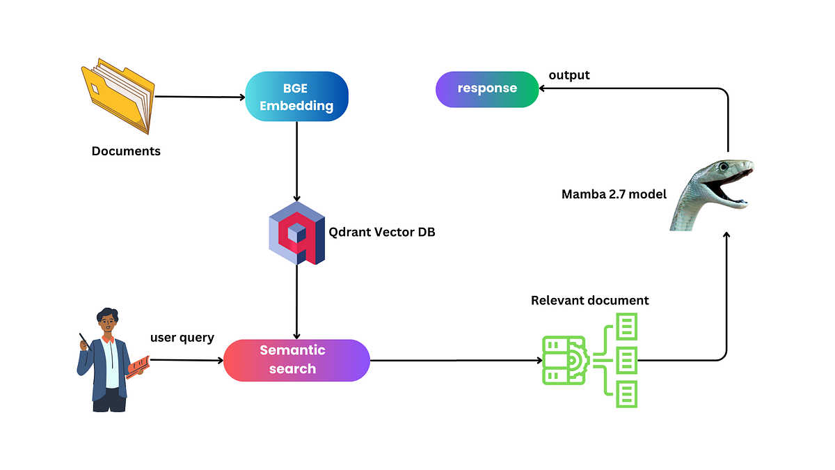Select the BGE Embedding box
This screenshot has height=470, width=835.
(296, 96)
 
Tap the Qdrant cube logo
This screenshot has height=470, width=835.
(297, 233)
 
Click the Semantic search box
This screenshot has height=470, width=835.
(296, 360)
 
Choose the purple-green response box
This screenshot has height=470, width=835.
(487, 89)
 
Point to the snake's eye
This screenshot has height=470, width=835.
(725, 167)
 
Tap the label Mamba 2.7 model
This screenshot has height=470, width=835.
(614, 194)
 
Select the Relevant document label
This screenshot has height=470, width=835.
(589, 301)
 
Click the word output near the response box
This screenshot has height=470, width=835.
(569, 75)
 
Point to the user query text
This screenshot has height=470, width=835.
(182, 338)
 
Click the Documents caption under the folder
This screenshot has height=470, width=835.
(126, 151)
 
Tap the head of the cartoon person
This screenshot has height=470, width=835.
(107, 322)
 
